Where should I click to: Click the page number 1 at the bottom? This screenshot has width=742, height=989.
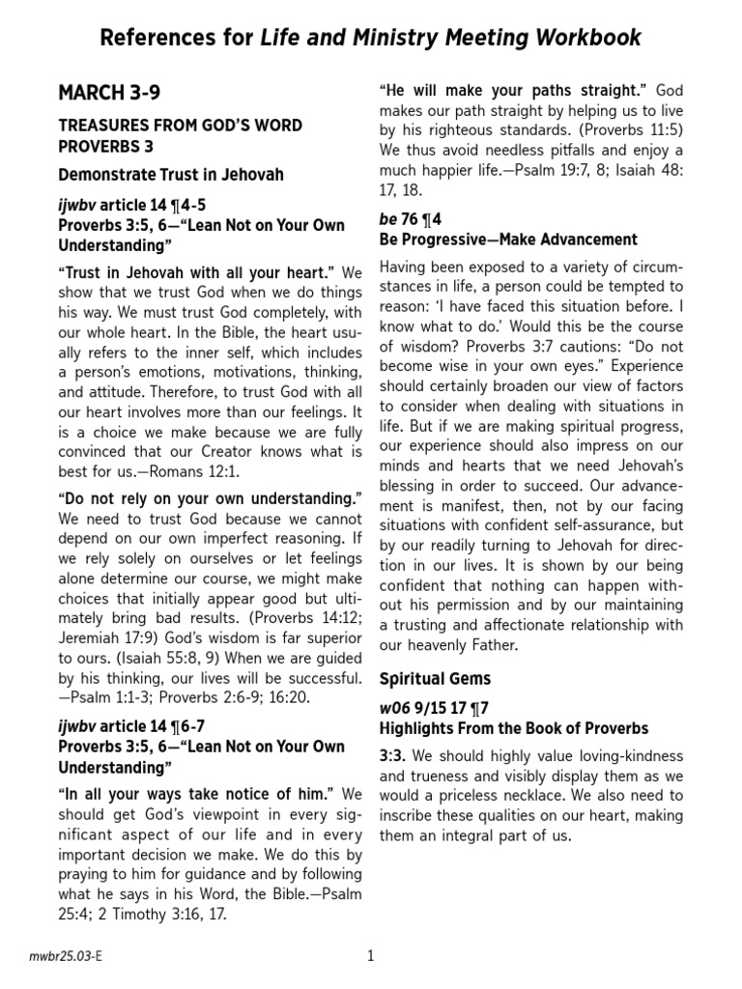[370, 956]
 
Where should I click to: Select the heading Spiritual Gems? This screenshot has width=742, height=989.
[435, 678]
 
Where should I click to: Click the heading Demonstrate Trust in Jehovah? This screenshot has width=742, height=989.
[171, 175]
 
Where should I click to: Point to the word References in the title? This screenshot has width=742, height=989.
[159, 39]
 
